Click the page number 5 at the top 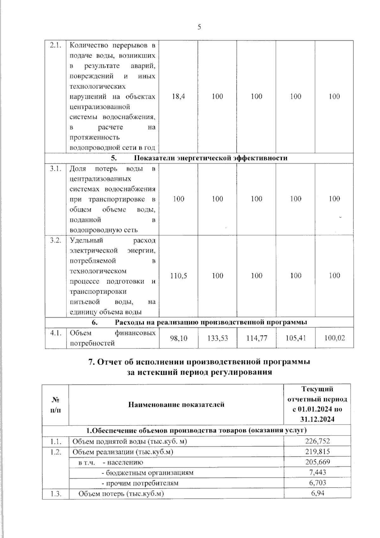tap(199, 27)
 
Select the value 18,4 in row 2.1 tap(179, 96)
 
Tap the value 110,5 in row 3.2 tap(179, 276)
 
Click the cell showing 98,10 tap(179, 338)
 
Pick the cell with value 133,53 tap(218, 338)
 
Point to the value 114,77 tap(256, 338)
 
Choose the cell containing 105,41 tap(295, 338)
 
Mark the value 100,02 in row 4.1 tap(334, 338)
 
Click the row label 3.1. tap(55, 169)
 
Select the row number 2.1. tap(55, 46)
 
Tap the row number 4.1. tap(55, 333)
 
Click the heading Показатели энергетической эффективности tap(211, 158)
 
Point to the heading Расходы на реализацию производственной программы tap(211, 322)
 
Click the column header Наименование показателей tap(176, 405)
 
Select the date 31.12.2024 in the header tap(317, 419)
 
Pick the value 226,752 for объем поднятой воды tap(317, 441)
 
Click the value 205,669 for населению tap(317, 462)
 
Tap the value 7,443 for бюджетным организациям tap(317, 473)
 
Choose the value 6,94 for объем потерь tap(317, 494)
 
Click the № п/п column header tap(55, 405)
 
